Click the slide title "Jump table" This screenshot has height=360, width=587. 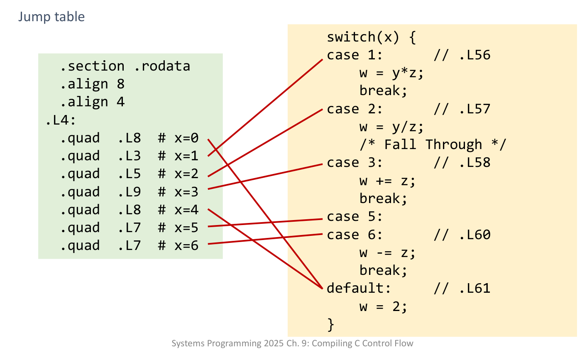point(51,17)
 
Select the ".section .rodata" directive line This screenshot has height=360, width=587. point(125,66)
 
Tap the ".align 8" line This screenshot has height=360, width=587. point(92,84)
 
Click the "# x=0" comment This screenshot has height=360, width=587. point(178,138)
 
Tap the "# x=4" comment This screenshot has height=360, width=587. point(178,210)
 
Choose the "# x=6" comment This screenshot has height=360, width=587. point(178,246)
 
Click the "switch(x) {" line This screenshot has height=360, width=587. point(371,37)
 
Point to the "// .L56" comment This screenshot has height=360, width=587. point(462,55)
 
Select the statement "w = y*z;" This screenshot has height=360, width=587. point(391,73)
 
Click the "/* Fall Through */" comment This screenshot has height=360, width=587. point(433,145)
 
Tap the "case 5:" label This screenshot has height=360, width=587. point(355,217)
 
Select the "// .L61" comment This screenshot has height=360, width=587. point(462,288)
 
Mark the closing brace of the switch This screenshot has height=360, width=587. point(330,324)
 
